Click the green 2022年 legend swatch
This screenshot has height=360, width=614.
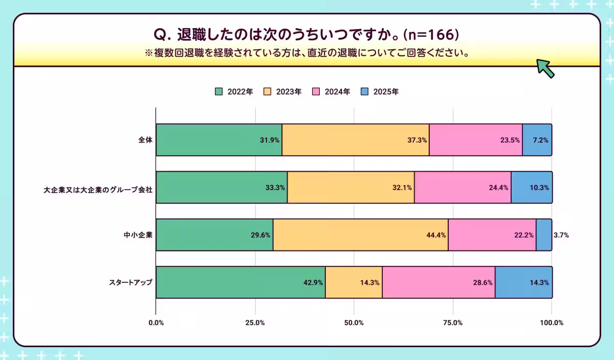pyautogui.click(x=218, y=92)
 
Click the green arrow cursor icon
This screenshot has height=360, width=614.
pyautogui.click(x=545, y=68)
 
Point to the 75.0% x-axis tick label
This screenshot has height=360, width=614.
pyautogui.click(x=453, y=323)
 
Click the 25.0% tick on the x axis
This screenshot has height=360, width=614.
pyautogui.click(x=255, y=323)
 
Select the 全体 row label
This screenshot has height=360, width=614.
pyautogui.click(x=145, y=140)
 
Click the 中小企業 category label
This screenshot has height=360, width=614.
pyautogui.click(x=138, y=235)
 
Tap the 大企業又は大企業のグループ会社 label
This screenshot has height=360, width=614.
pyautogui.click(x=98, y=188)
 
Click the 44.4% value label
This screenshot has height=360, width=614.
pyautogui.click(x=436, y=235)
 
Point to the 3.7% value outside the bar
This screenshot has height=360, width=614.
pyautogui.click(x=561, y=235)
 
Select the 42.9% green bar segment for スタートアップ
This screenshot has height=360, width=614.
pyautogui.click(x=240, y=282)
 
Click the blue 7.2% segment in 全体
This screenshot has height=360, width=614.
pyautogui.click(x=537, y=140)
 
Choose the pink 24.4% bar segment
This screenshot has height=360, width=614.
pyautogui.click(x=462, y=187)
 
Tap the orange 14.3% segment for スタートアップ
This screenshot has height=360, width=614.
pyautogui.click(x=354, y=282)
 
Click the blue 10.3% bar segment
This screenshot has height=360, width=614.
pyautogui.click(x=531, y=187)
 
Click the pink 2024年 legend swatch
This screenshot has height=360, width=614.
pyautogui.click(x=316, y=92)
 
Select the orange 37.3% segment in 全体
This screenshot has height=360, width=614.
pyautogui.click(x=355, y=140)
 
